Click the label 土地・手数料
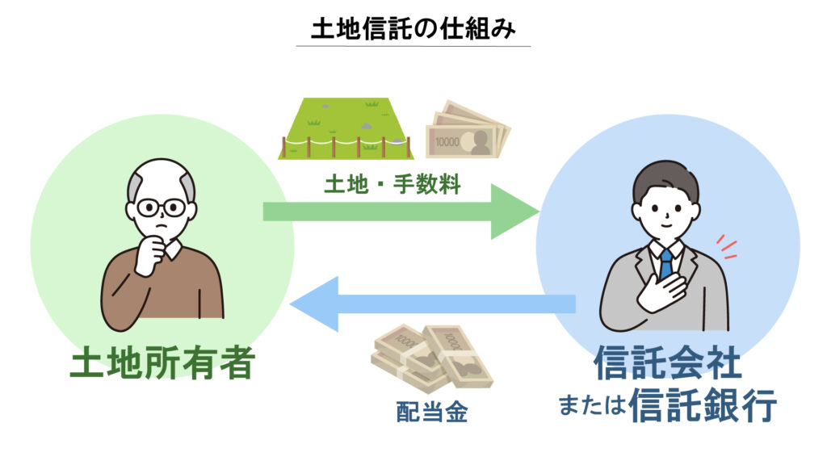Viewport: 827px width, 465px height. coord(393,185)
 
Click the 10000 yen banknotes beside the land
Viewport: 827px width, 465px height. coord(468,129)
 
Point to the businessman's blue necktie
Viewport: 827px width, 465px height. coord(665,263)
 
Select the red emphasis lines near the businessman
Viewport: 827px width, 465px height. coord(728,246)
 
